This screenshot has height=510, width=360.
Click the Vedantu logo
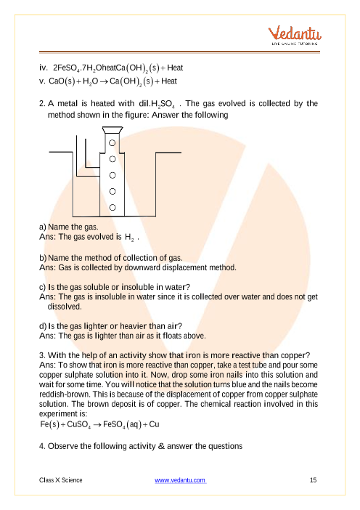tap(295, 36)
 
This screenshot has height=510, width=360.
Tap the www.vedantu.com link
tap(180, 480)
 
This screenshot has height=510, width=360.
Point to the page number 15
tap(314, 480)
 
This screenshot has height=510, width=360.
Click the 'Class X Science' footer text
tap(61, 480)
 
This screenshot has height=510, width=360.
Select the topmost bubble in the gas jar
tap(112, 143)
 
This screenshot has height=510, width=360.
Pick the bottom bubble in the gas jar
tap(112, 207)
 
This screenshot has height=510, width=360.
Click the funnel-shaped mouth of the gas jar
tap(112, 130)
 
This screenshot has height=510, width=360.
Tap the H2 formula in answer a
tap(129, 238)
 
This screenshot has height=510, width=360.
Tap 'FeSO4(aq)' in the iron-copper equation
tap(122, 424)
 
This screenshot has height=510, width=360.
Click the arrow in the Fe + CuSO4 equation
tap(97, 425)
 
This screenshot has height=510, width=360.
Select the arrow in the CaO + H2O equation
tap(104, 81)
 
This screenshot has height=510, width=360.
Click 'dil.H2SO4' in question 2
tap(157, 104)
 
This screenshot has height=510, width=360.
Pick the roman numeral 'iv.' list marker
tap(44, 68)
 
